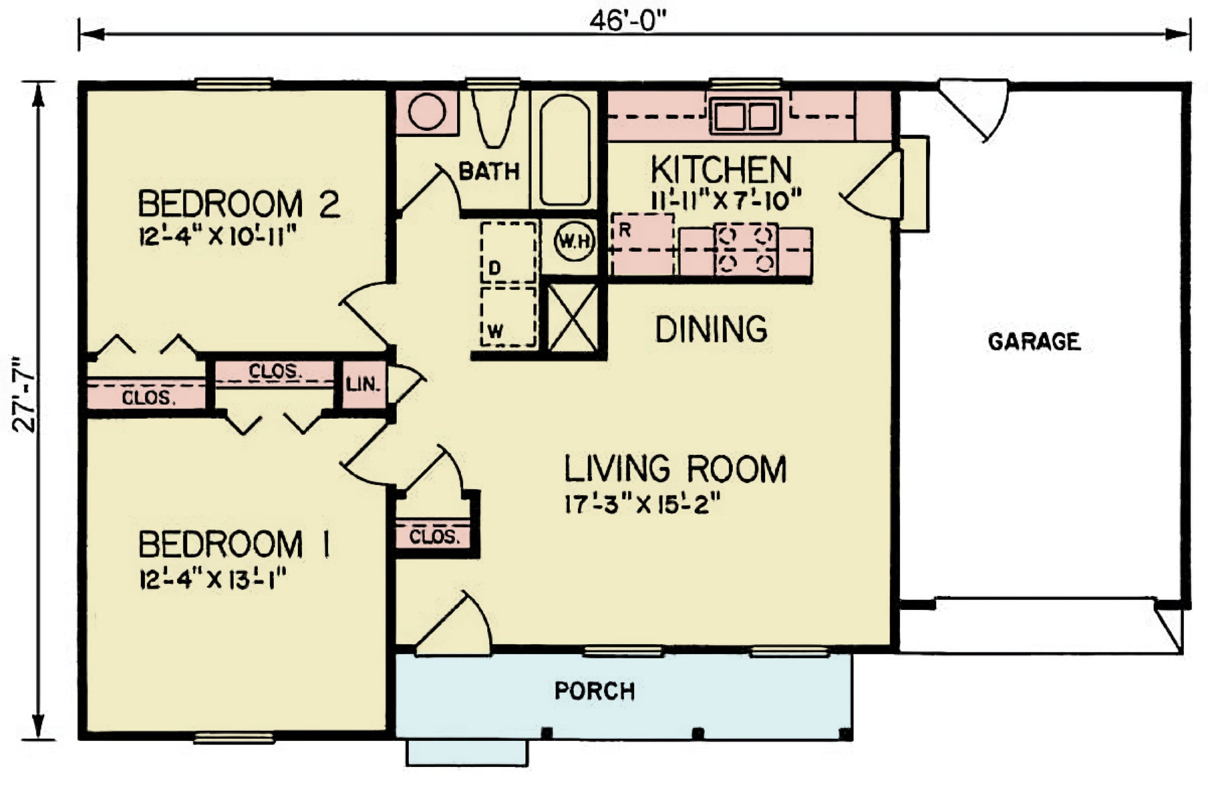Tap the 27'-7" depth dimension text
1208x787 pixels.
(25, 394)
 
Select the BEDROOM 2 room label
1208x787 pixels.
(238, 204)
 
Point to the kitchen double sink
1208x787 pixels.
(746, 116)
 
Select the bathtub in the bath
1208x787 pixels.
(564, 150)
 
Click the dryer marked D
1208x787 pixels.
(509, 252)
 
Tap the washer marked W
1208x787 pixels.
(508, 317)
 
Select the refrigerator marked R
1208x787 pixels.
(642, 244)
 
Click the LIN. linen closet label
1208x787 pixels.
(363, 385)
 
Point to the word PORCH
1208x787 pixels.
(595, 691)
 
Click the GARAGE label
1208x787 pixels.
(1034, 342)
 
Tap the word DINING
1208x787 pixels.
(711, 329)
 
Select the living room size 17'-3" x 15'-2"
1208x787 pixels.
(643, 504)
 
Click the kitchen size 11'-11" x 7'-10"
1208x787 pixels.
(726, 199)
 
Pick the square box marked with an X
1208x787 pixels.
(573, 318)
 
